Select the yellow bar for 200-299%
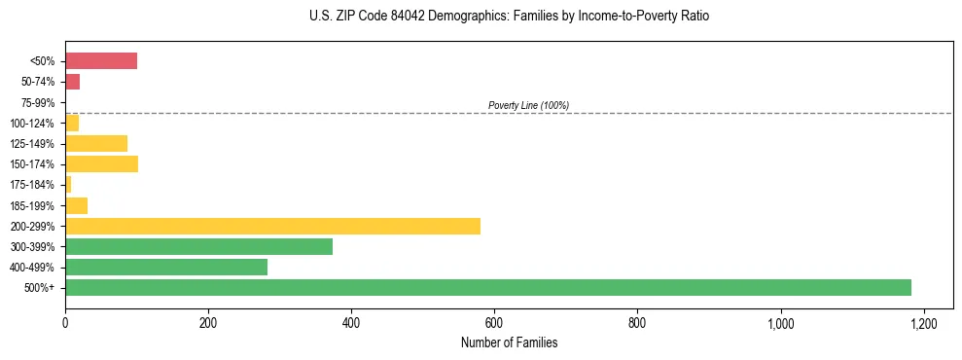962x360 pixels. pyautogui.click(x=272, y=226)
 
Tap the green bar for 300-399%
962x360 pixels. pyautogui.click(x=198, y=246)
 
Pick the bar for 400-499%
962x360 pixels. pyautogui.click(x=166, y=267)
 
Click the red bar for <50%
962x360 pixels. pyautogui.click(x=101, y=61)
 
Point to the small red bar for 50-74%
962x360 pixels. pyautogui.click(x=72, y=82)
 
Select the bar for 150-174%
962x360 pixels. pyautogui.click(x=101, y=163)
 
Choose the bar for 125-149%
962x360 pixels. pyautogui.click(x=96, y=143)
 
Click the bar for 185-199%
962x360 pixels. pyautogui.click(x=76, y=205)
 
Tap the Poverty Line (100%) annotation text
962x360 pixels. pyautogui.click(x=528, y=105)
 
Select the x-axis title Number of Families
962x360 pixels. pyautogui.click(x=510, y=342)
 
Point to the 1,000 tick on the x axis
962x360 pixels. pyautogui.click(x=780, y=323)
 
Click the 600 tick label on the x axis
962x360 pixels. pyautogui.click(x=494, y=323)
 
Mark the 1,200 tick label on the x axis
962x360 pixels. pyautogui.click(x=923, y=323)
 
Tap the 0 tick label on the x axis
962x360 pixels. pyautogui.click(x=65, y=323)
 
